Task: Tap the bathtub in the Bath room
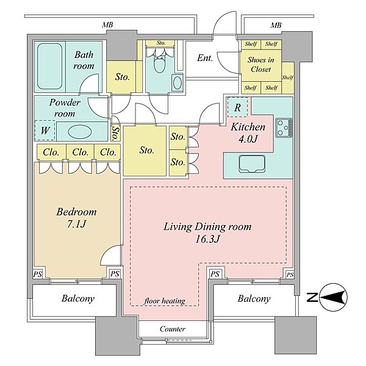(50, 66)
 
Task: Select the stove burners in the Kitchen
(284, 127)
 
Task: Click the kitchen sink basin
(252, 163)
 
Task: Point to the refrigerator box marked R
(237, 107)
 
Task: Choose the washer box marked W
(45, 131)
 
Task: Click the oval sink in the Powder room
(80, 132)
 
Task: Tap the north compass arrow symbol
(333, 298)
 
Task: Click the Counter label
(173, 329)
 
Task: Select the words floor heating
(165, 301)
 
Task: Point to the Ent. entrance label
(205, 58)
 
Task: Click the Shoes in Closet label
(260, 65)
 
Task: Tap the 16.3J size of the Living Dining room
(207, 239)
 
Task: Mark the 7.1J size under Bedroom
(77, 224)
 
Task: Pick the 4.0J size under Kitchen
(248, 139)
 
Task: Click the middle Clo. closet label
(80, 152)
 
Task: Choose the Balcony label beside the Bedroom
(78, 298)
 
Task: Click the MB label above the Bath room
(107, 25)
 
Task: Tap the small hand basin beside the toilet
(178, 83)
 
